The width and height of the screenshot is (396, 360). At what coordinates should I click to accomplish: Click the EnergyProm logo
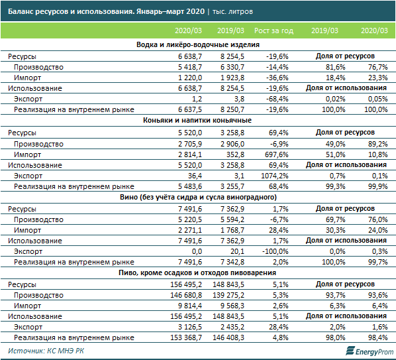point(370,351)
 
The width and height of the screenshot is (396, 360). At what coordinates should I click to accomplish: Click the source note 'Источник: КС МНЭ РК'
point(46,351)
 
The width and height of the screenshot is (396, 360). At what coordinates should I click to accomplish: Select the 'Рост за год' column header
point(273,30)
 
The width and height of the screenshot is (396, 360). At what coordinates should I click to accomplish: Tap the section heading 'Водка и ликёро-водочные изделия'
point(198,44)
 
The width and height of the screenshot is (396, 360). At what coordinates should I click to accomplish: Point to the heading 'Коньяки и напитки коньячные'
point(197,120)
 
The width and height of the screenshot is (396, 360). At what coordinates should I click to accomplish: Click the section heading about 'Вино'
point(198,197)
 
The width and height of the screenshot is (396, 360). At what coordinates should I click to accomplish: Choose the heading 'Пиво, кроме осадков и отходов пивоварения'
point(197,272)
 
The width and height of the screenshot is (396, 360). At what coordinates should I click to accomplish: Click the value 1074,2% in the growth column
point(275,176)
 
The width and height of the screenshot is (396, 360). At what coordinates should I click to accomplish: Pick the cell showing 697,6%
point(277,154)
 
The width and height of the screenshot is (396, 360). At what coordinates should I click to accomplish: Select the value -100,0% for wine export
point(275,251)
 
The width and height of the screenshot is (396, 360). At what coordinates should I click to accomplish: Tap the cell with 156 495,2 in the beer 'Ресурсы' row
point(186,284)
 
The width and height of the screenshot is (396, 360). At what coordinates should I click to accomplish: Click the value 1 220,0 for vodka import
point(190,78)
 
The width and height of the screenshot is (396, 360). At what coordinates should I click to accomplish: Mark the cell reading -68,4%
point(277,99)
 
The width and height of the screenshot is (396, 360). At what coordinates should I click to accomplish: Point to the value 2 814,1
point(190,154)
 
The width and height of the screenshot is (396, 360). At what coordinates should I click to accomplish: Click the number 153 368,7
point(186,337)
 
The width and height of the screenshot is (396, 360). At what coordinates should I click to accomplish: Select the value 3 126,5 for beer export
point(190,327)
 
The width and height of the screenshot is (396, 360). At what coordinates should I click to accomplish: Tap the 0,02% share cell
point(335,99)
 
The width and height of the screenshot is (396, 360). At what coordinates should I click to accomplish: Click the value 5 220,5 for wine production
point(190,219)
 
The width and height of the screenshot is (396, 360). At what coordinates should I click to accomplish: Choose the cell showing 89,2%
point(378,144)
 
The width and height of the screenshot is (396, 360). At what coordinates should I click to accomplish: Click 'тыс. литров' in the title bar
point(232,12)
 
